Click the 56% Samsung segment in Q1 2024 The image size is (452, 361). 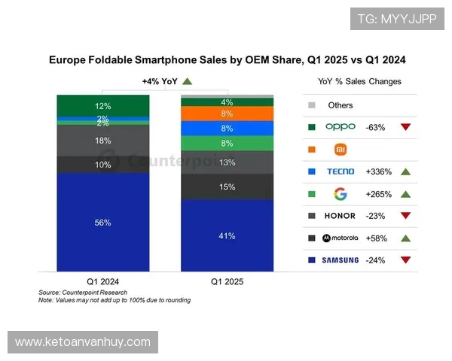coord(103,222)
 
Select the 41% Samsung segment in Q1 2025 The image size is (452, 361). coord(227,235)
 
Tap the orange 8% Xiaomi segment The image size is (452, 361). coord(227,114)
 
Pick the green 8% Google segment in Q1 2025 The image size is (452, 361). coord(227,143)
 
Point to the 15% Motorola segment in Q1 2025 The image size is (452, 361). coord(227,187)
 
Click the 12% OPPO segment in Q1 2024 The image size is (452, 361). coord(103,106)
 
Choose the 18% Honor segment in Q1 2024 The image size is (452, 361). coord(103,141)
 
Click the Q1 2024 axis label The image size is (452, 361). coord(103,281)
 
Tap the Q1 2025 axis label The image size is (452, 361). coord(227,281)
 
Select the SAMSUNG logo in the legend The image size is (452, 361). coord(340,260)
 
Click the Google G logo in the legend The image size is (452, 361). coord(340,194)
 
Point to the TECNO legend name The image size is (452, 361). coord(340,171)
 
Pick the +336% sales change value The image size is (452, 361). coord(378,171)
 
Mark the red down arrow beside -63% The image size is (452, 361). coord(405,127)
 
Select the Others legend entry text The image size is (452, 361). coord(341,105)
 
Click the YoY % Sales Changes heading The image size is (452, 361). coord(359,81)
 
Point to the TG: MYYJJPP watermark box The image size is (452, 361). coord(397,19)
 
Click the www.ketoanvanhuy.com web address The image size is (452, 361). coord(83,342)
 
